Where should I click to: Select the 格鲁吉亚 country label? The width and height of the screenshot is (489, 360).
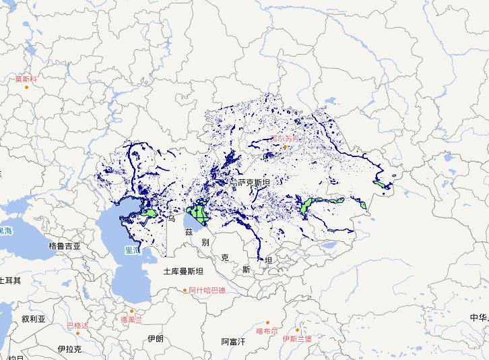[x=65, y=247]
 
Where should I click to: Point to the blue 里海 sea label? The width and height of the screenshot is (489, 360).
[x=132, y=249]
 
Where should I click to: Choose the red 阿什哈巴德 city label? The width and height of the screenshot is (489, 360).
[x=207, y=291]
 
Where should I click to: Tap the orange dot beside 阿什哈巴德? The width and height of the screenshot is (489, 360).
[x=186, y=291]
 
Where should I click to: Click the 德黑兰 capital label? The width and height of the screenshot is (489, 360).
[x=132, y=320]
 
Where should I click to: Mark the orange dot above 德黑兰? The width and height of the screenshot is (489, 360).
[x=132, y=311]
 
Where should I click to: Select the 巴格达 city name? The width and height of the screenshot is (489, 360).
[x=77, y=326]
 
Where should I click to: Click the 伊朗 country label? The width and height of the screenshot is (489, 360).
[x=155, y=338]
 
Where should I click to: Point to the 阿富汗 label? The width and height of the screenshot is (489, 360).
[x=234, y=342]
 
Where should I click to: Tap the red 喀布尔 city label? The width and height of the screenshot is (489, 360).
[x=267, y=331]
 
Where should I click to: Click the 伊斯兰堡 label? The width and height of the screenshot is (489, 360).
[x=297, y=338]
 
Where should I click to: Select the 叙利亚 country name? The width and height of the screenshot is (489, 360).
[x=33, y=319]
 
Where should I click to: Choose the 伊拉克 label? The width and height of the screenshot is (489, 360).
[x=69, y=349]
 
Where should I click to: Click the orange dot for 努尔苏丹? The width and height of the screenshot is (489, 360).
[x=285, y=147]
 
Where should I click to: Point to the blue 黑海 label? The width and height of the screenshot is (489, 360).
[x=5, y=231]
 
